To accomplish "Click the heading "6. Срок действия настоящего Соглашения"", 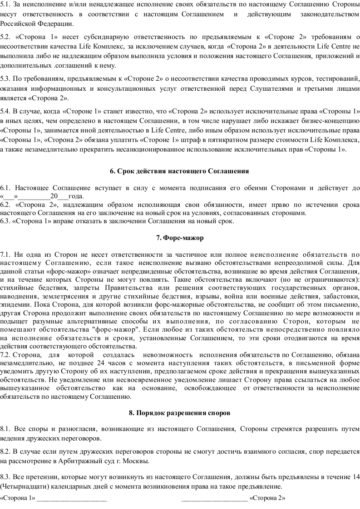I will (x=180, y=171).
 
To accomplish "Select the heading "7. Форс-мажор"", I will (x=180, y=237).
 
